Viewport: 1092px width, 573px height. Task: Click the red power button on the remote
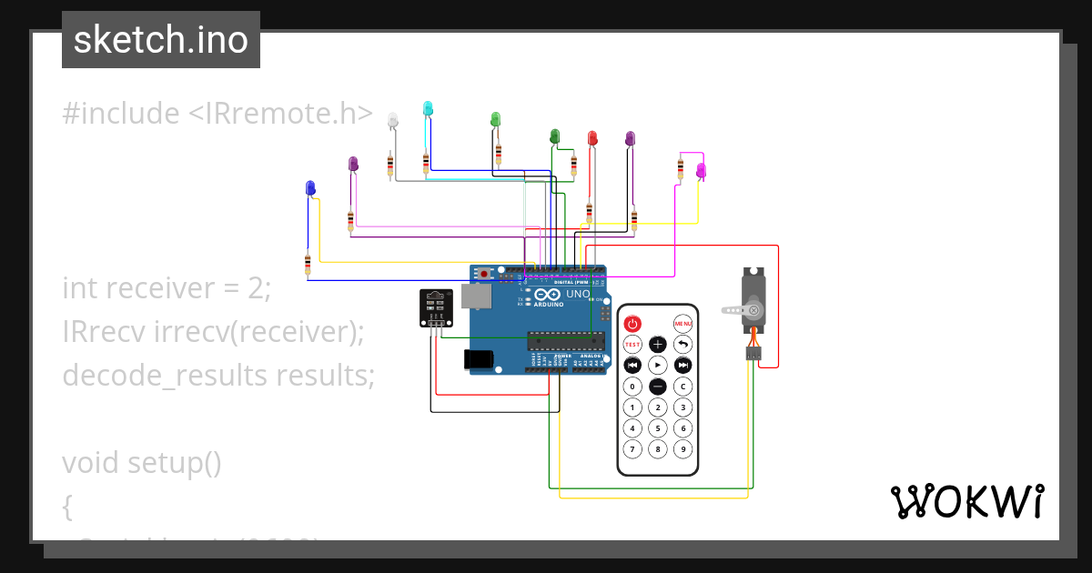(x=632, y=323)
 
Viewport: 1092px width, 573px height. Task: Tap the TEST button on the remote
(x=632, y=345)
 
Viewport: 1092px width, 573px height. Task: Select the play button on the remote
(x=657, y=365)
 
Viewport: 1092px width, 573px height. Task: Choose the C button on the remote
(x=682, y=387)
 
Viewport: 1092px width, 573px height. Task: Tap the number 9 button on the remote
(x=682, y=449)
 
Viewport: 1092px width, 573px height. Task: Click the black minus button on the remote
(x=657, y=387)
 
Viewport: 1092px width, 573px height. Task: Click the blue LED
(x=310, y=187)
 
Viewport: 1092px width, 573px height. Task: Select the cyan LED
(x=428, y=108)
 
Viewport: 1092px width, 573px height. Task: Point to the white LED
(x=392, y=119)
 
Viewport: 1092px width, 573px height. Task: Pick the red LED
(x=592, y=137)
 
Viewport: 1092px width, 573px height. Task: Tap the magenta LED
(x=701, y=169)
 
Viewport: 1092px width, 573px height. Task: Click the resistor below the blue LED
(x=308, y=264)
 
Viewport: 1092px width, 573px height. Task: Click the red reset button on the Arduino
(x=484, y=273)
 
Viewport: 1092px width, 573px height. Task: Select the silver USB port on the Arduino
(x=474, y=296)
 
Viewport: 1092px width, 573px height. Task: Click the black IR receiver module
(x=435, y=307)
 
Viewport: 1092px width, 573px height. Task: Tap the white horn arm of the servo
(x=735, y=310)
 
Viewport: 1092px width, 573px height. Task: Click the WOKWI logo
(x=966, y=501)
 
